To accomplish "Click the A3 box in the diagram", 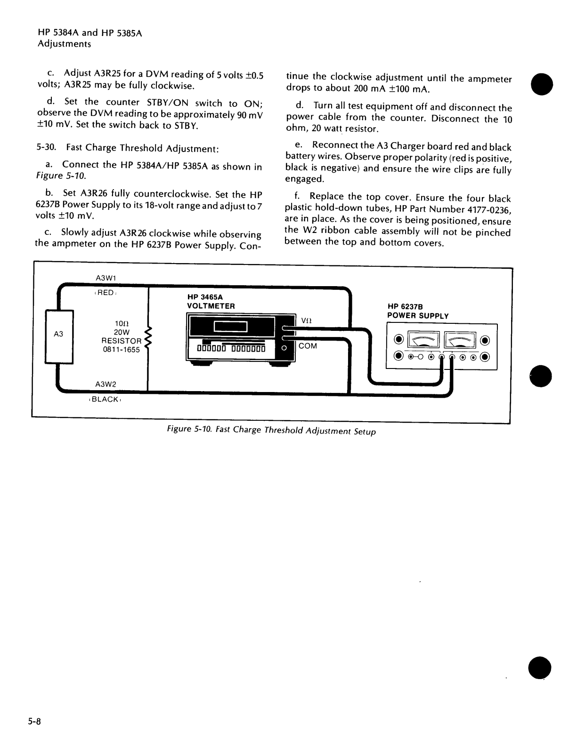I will [59, 336].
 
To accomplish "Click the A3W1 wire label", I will [106, 278].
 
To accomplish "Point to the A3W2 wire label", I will [106, 384].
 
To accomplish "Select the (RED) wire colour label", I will [105, 293].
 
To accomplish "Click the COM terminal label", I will [308, 346].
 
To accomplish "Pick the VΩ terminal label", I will [306, 320].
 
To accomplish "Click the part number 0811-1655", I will [121, 350].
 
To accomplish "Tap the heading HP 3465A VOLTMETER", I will [211, 302].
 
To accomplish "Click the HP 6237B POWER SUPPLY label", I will [418, 312].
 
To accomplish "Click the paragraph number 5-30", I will [46, 147].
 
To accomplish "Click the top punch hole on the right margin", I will [541, 84].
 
